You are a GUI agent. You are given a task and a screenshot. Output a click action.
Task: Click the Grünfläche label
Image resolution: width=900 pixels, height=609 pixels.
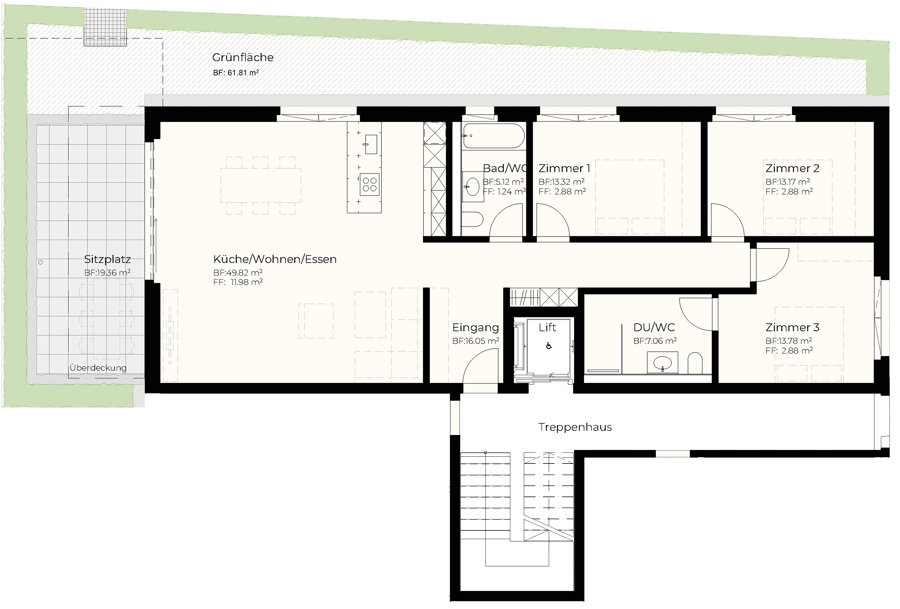pyautogui.click(x=243, y=57)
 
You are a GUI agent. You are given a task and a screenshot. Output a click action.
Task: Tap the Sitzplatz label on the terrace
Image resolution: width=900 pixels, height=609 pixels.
pyautogui.click(x=107, y=259)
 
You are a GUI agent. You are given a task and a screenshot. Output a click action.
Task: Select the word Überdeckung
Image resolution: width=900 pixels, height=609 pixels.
pyautogui.click(x=98, y=367)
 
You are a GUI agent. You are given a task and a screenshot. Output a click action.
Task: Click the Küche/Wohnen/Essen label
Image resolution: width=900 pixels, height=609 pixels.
pyautogui.click(x=275, y=259)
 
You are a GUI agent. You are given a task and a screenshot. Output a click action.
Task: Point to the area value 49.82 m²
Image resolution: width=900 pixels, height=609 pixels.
pyautogui.click(x=238, y=273)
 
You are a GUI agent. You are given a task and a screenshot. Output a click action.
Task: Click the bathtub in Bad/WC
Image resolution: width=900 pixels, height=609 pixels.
pyautogui.click(x=494, y=136)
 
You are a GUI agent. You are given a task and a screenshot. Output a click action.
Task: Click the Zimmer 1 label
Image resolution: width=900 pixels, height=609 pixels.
pyautogui.click(x=564, y=168)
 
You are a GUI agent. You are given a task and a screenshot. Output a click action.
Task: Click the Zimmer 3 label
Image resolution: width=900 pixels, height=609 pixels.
pyautogui.click(x=792, y=328)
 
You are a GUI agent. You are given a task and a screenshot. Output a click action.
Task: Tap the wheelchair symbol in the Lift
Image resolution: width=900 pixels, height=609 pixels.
pyautogui.click(x=549, y=346)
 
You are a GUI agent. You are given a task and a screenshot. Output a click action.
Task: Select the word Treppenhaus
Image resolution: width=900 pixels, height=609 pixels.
pyautogui.click(x=575, y=427)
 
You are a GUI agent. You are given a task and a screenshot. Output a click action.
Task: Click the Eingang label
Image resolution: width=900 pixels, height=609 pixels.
pyautogui.click(x=475, y=328)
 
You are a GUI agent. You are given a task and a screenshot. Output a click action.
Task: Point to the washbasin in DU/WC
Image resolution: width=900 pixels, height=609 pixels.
pyautogui.click(x=662, y=363)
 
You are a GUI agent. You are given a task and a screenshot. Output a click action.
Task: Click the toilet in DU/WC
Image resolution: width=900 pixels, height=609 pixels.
pyautogui.click(x=695, y=363)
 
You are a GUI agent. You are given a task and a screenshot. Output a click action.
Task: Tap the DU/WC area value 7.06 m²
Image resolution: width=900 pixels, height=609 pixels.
pyautogui.click(x=655, y=341)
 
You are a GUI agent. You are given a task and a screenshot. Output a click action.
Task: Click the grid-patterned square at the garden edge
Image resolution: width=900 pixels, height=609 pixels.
pyautogui.click(x=105, y=27)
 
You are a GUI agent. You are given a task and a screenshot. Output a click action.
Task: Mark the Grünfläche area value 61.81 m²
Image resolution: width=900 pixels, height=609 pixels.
pyautogui.click(x=236, y=72)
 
